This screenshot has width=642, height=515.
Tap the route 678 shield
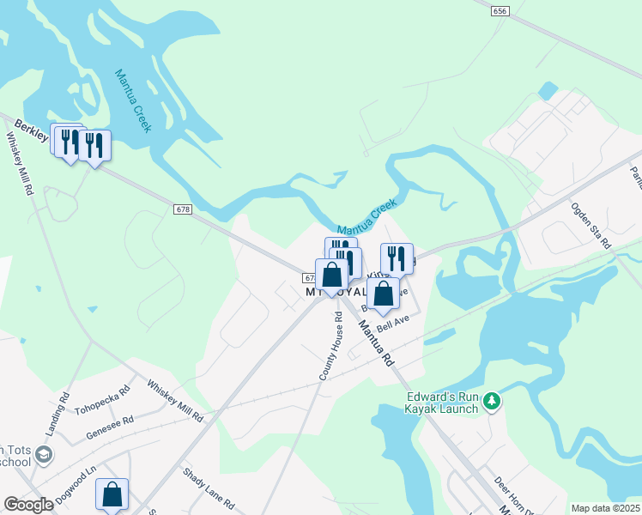tap(181, 211)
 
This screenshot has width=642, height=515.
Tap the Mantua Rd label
tap(374, 342)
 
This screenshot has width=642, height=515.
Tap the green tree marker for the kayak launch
tap(492, 400)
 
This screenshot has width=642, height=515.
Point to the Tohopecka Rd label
tap(102, 397)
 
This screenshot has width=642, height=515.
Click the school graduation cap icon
tap(45, 453)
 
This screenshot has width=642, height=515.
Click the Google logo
tap(28, 505)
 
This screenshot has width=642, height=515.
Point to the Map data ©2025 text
tap(604, 508)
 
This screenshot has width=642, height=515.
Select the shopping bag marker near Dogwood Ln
tap(112, 494)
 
